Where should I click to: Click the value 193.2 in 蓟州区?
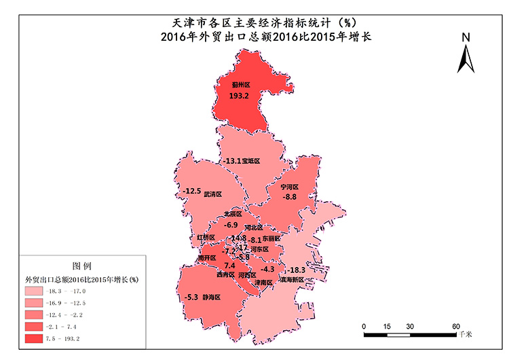point(240,96)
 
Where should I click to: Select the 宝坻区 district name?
point(251,162)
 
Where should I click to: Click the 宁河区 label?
point(290,187)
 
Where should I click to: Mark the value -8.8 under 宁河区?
point(290,197)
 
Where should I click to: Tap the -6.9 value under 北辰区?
point(231,225)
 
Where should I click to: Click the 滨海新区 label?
point(293,279)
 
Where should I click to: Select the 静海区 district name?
point(213,297)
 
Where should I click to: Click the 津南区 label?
point(263,282)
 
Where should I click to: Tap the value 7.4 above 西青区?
point(220,266)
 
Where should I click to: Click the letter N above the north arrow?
point(466,37)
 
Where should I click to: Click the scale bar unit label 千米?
point(465,335)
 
